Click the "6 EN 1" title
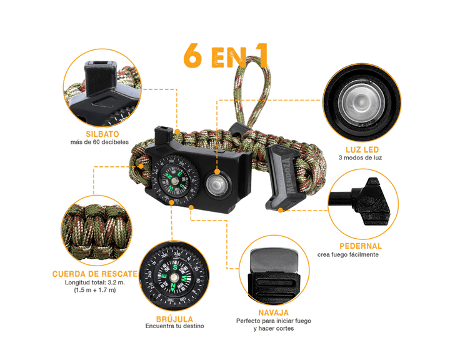point(226,55)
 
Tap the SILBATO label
point(99,134)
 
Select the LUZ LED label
point(362,151)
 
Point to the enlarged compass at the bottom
point(170,273)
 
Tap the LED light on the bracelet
point(217,184)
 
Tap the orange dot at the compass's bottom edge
point(171,202)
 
